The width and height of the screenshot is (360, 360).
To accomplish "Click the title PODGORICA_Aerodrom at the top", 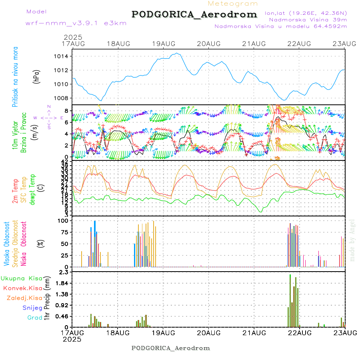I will pos(194,14).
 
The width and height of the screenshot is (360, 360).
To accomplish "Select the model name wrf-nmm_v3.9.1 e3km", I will pos(76,23).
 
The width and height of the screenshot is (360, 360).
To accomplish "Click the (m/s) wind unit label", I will pos(35,130).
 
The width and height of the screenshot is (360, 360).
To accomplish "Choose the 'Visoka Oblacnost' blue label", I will pos(7,243).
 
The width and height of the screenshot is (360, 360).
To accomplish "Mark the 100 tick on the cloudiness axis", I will pos(64,220).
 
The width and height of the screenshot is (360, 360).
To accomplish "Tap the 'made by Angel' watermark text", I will pos(352,240).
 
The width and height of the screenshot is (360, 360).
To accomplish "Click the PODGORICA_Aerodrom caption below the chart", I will pos(171,348).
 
